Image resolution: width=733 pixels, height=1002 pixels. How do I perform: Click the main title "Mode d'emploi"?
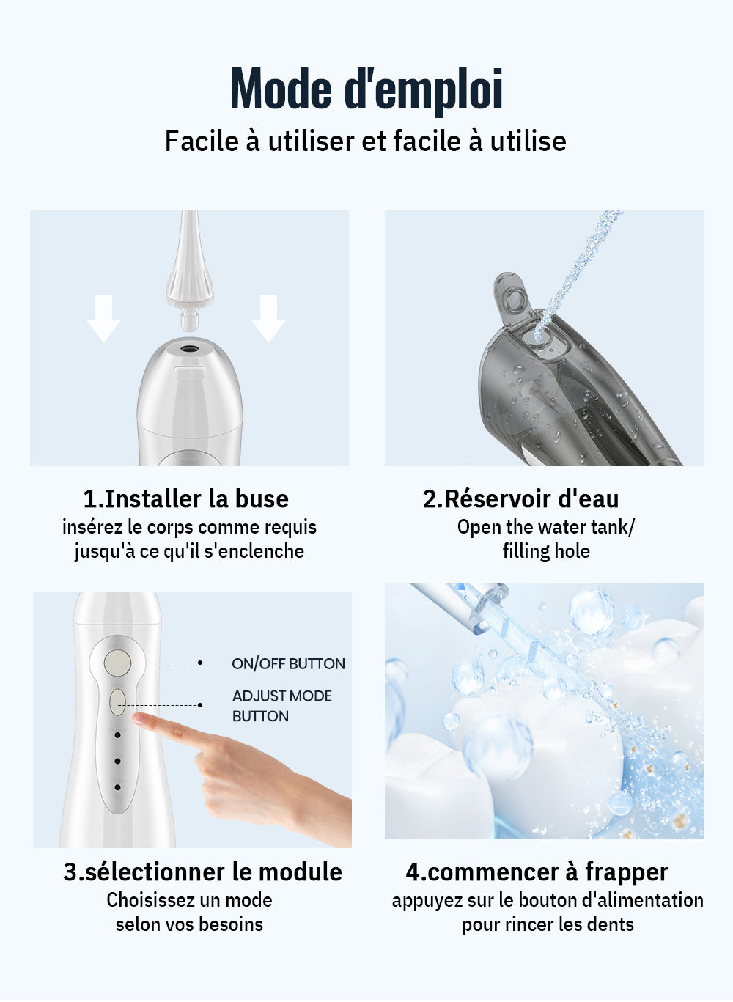click(366, 89)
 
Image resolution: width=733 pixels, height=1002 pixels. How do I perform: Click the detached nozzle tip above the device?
click(190, 271)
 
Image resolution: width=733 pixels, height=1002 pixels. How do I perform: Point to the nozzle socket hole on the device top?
click(189, 347)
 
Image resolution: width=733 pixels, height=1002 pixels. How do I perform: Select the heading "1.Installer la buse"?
click(185, 499)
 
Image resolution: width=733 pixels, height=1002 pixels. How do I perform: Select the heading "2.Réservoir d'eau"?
click(520, 499)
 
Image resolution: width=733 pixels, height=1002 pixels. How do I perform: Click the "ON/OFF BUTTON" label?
click(288, 664)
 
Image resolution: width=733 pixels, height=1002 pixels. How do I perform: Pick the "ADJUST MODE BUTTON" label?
click(281, 706)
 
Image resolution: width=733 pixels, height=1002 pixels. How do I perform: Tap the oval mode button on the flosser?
click(117, 702)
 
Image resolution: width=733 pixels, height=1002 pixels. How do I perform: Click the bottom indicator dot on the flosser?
click(117, 787)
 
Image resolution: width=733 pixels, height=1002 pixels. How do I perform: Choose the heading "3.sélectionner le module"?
click(202, 872)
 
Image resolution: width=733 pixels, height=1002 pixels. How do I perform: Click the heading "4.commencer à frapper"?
click(537, 872)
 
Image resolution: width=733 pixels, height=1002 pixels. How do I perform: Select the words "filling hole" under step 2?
click(546, 551)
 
